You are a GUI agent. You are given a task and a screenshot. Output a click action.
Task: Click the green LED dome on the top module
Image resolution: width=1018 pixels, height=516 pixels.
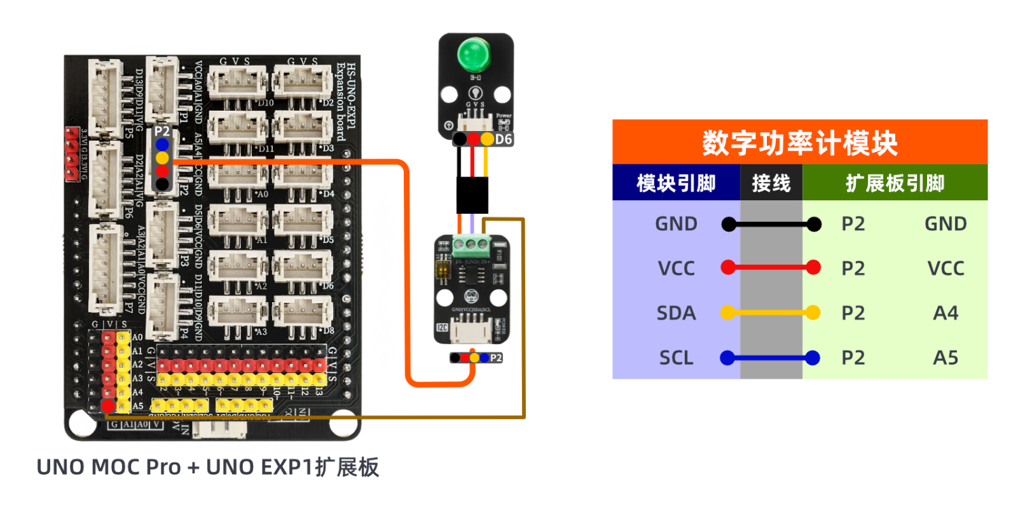476,54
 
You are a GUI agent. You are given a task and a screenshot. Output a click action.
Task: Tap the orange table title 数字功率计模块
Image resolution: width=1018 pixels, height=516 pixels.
799,143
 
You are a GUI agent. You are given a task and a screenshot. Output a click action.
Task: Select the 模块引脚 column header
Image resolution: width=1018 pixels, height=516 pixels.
676,183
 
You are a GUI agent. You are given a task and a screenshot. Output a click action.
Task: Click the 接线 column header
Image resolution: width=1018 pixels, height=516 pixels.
771,183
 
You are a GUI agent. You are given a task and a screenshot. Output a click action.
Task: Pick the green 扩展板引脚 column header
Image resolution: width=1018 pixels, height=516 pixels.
894,183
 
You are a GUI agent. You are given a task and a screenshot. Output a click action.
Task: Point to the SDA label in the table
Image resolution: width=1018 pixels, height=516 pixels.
676,313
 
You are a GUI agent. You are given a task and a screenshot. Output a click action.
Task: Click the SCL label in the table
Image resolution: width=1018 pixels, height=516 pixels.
676,357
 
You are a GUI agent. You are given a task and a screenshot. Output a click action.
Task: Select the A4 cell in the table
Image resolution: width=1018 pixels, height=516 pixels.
945,313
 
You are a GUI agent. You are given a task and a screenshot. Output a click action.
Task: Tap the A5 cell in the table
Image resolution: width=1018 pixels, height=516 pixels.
945,357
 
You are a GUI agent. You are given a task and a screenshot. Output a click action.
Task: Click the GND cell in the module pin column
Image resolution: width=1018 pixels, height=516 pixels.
676,224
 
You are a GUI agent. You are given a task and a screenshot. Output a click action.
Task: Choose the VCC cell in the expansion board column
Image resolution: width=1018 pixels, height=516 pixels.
945,268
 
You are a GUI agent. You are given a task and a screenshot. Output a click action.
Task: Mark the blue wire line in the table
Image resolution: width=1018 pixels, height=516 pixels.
771,357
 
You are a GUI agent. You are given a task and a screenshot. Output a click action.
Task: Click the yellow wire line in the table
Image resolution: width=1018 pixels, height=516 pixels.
771,313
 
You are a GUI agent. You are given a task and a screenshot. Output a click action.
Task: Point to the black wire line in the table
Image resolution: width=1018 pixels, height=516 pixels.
771,224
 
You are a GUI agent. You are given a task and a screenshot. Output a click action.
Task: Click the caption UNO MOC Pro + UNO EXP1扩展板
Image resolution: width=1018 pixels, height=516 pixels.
207,467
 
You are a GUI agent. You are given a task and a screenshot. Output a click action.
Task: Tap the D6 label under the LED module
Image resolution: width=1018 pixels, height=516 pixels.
503,139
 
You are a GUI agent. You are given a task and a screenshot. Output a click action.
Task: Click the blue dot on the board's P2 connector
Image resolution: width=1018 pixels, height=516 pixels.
162,145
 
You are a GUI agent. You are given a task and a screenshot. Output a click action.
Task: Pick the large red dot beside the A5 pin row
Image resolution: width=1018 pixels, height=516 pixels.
107,406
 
